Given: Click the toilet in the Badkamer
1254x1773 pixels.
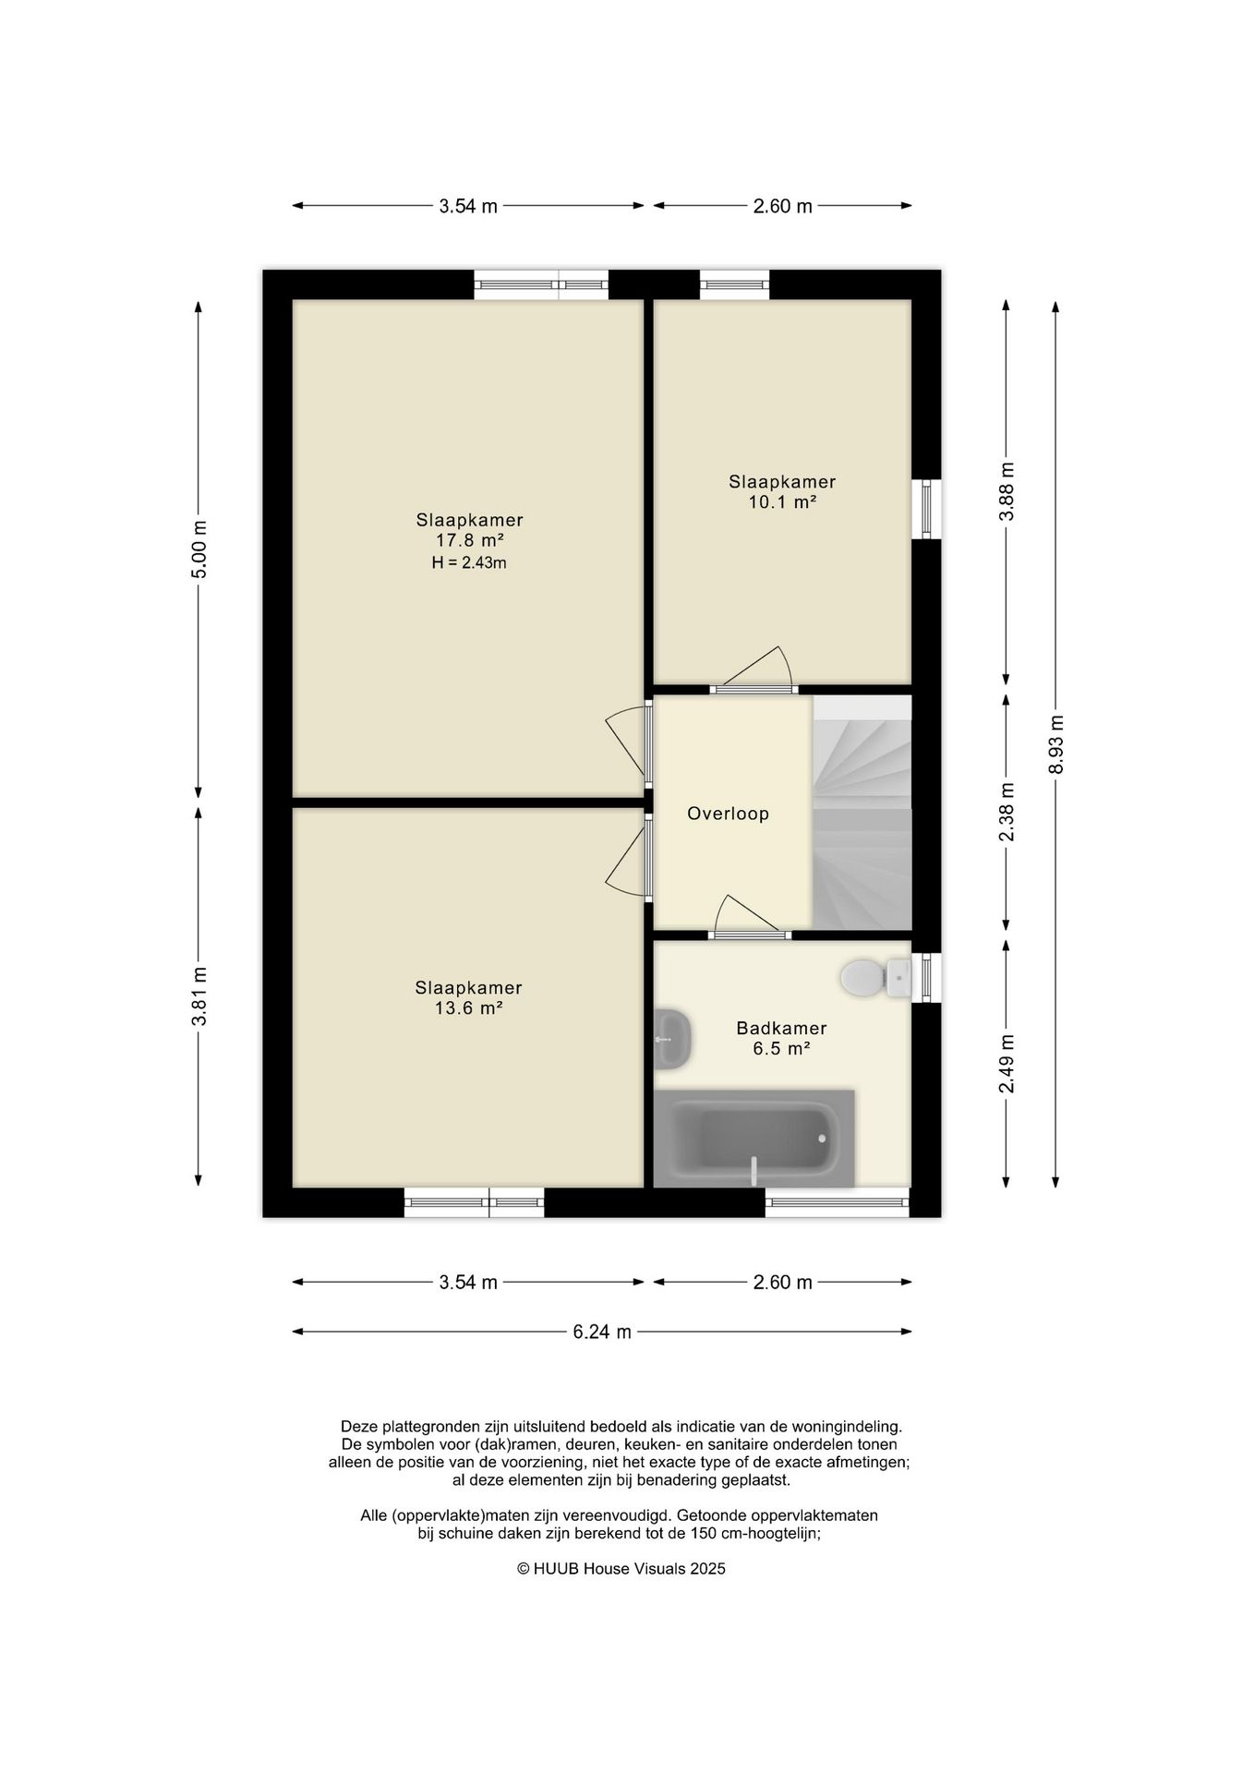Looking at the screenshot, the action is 876,978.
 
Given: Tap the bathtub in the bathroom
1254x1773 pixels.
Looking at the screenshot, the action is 754,1139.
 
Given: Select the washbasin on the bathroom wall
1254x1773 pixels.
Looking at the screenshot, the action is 671,1039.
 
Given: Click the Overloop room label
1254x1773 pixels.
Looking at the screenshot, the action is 728,814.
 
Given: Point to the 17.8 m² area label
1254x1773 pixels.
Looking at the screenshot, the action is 469,541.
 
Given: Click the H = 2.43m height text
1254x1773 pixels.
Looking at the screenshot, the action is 469,563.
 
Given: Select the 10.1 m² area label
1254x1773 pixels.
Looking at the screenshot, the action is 782,502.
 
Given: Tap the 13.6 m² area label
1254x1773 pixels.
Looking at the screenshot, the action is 468,1008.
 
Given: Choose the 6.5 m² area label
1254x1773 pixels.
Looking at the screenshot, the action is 781,1049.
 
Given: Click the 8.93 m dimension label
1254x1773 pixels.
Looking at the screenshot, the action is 1056,744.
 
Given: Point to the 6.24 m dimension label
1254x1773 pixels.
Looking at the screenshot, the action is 602,1332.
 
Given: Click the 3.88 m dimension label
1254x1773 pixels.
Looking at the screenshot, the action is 1007,491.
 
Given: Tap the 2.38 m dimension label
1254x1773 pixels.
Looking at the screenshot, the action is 1007,813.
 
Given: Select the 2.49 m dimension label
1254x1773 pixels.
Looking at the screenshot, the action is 1007,1064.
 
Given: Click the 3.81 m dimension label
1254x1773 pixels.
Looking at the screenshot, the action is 199,995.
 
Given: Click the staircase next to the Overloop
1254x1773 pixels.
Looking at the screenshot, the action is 862,813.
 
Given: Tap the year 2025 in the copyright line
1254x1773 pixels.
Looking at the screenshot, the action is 708,1568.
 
